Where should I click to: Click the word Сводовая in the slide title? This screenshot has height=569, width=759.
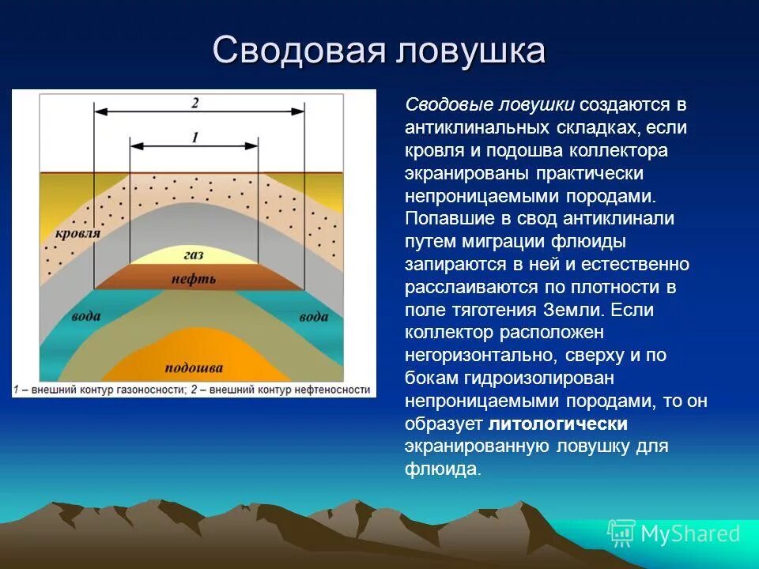tap(297, 51)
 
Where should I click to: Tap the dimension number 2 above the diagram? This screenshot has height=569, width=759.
tap(194, 102)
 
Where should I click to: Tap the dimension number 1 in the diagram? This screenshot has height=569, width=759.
tap(194, 137)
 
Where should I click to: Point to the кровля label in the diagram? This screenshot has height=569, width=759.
tap(78, 234)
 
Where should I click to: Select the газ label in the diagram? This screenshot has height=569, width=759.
tap(194, 256)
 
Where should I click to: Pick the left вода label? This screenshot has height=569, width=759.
tap(86, 317)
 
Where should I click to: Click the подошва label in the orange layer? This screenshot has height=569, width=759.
tap(194, 368)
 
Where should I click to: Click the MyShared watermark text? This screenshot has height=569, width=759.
tap(690, 534)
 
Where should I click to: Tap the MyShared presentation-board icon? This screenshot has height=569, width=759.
tap(621, 534)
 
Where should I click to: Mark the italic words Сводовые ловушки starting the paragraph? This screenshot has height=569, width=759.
tap(489, 104)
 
